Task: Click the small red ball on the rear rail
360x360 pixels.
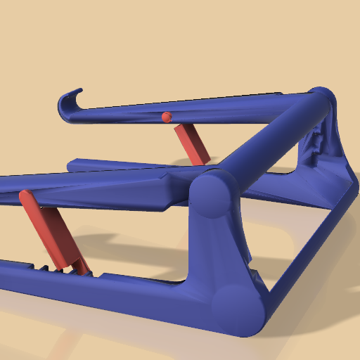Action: pyautogui.click(x=167, y=117)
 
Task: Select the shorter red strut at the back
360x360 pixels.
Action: pyautogui.click(x=192, y=143)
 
